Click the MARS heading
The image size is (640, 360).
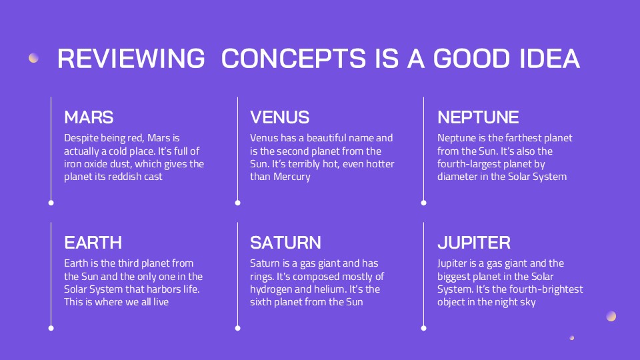(x=89, y=117)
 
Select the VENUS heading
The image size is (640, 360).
(x=279, y=117)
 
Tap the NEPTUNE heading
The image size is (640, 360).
(x=478, y=117)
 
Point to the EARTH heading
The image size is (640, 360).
(x=93, y=243)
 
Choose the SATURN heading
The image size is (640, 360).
(x=285, y=243)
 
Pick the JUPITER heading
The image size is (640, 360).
(x=474, y=243)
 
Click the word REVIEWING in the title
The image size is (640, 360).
(x=131, y=59)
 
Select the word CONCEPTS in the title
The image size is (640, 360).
(x=293, y=59)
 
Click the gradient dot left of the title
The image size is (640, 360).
(x=33, y=58)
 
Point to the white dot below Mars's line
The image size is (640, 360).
(x=51, y=203)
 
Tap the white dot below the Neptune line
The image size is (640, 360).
(x=424, y=203)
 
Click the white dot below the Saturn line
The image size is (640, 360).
(x=237, y=328)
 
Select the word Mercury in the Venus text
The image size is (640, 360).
(x=292, y=177)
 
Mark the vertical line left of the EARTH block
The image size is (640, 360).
(x=51, y=274)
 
